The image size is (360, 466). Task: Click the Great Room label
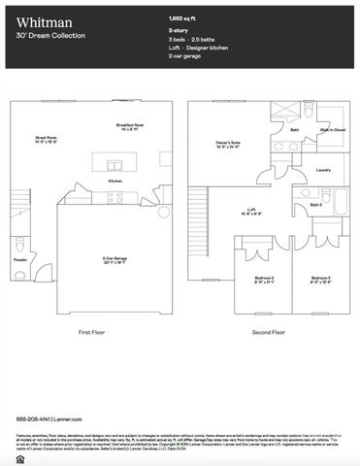pyautogui.click(x=49, y=140)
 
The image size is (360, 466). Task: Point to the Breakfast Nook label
pyautogui.click(x=132, y=126)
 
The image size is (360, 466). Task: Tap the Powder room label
pyautogui.click(x=20, y=259)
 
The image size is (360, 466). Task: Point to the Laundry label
pyautogui.click(x=323, y=169)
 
